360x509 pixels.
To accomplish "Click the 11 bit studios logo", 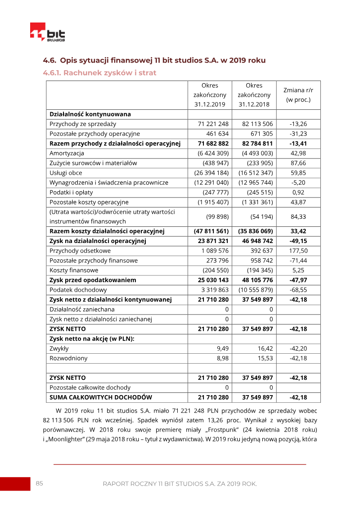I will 48,32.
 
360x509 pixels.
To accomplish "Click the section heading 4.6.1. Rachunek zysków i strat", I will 99,72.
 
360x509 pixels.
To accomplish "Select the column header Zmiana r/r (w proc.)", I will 298,95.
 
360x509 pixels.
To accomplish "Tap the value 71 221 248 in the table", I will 213,124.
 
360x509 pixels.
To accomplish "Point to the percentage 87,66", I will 298,163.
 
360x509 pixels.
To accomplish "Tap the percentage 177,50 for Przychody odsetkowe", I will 298,251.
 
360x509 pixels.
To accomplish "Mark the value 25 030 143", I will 213,280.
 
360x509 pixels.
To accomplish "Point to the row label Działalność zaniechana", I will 82,309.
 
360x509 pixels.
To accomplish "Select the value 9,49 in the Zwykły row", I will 223,348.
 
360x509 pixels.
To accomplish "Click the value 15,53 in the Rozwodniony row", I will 265,358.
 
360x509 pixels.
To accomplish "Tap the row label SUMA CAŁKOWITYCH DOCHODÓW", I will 101,397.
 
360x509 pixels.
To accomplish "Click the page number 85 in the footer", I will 40,483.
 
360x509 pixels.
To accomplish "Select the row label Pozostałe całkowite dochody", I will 90,387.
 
